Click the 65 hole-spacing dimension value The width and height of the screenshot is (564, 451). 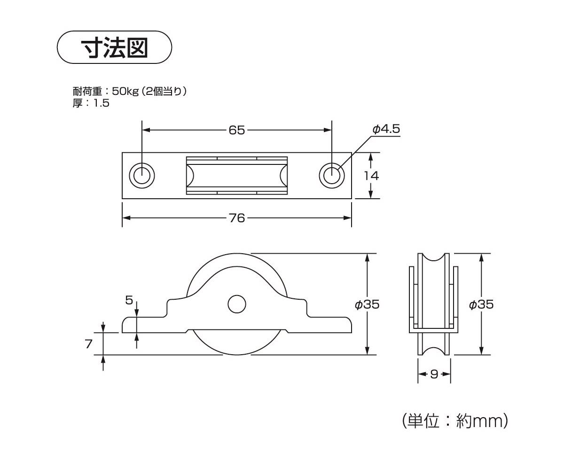pos(237,130)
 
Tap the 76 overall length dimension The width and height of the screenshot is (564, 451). pos(237,218)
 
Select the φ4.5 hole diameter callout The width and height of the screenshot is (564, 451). pos(386,129)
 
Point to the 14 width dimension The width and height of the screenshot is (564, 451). pos(371,175)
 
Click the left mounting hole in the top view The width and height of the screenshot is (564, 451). pos(142,175)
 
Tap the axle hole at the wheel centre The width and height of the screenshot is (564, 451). pos(237,304)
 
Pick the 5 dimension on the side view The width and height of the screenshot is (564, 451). pos(129,300)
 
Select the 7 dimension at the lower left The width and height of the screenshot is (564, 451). pos(89,344)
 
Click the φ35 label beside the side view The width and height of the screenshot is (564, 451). pos(367,304)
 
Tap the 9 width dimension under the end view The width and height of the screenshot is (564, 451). pos(434,374)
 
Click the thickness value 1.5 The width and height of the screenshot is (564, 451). pos(101,103)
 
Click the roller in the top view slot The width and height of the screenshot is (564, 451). pos(237,175)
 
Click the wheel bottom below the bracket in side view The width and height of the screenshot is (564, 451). pos(237,345)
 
